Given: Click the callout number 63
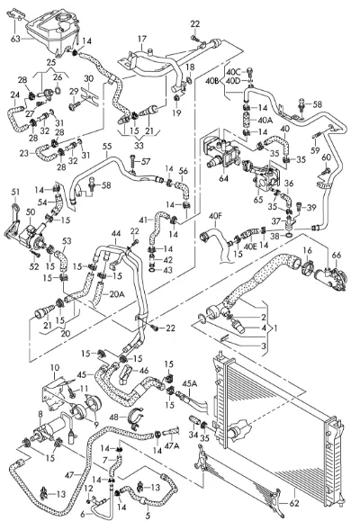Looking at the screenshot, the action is click(15, 39).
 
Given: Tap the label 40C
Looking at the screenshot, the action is click(234, 72).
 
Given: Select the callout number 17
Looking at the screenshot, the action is click(142, 40).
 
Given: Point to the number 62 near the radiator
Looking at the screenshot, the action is click(294, 503).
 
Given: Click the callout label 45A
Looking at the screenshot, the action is click(190, 383).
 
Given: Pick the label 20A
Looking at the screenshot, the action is click(117, 294).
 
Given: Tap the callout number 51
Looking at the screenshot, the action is click(15, 193).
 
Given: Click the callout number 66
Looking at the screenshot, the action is click(337, 255).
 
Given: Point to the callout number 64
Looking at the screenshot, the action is click(223, 178).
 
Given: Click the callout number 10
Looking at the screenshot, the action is click(55, 367).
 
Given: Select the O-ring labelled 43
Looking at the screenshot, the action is click(152, 270).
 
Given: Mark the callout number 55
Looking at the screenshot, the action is click(107, 147).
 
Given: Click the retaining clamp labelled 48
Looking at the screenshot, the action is click(137, 418).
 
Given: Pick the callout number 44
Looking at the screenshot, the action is click(116, 233).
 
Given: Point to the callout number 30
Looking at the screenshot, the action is click(88, 79).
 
